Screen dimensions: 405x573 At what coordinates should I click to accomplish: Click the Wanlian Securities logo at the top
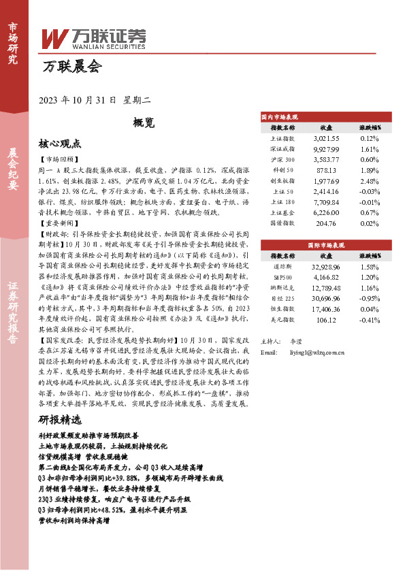pyautogui.click(x=95, y=37)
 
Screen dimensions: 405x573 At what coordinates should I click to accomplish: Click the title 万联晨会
pyautogui.click(x=70, y=67)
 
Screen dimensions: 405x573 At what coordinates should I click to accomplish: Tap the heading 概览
pyautogui.click(x=144, y=123)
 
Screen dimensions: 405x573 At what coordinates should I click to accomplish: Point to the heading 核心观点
pyautogui.click(x=59, y=144)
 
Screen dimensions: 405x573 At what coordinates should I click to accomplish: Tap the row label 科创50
pyautogui.click(x=283, y=169)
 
